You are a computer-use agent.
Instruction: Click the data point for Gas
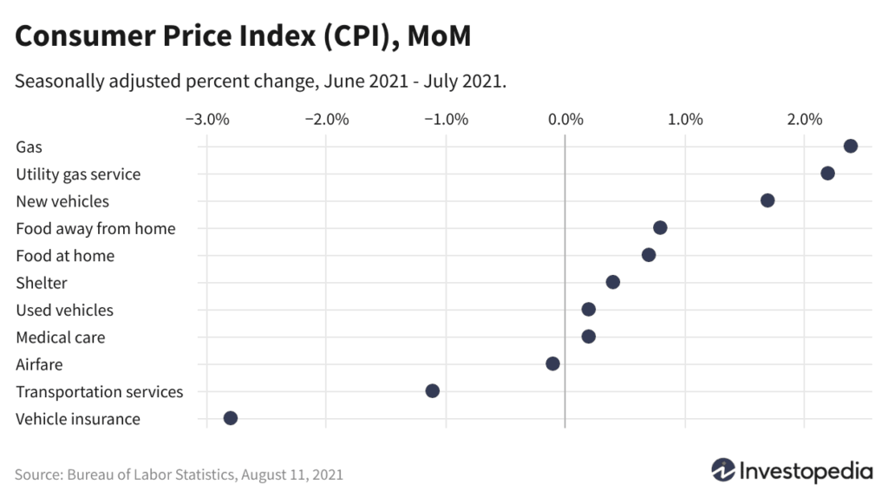[850, 146]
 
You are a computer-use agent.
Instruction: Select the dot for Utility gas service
[827, 173]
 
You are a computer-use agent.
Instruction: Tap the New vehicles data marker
[767, 200]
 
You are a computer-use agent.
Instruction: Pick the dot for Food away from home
[660, 227]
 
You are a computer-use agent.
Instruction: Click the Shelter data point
[612, 282]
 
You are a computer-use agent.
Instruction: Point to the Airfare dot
[552, 363]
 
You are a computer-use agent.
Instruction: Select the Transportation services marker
[433, 390]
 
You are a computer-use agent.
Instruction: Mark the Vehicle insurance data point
[230, 418]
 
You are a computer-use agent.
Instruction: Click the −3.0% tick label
[206, 119]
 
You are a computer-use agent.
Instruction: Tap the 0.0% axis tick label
[565, 119]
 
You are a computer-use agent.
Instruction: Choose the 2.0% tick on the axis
[804, 119]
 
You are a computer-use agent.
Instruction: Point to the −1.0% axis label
[446, 119]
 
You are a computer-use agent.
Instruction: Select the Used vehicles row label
[64, 310]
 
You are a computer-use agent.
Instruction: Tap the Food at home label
[65, 255]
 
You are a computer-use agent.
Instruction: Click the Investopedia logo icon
[723, 471]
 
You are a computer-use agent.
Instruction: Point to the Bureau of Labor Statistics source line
[179, 475]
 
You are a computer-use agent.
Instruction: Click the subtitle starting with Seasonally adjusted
[260, 82]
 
